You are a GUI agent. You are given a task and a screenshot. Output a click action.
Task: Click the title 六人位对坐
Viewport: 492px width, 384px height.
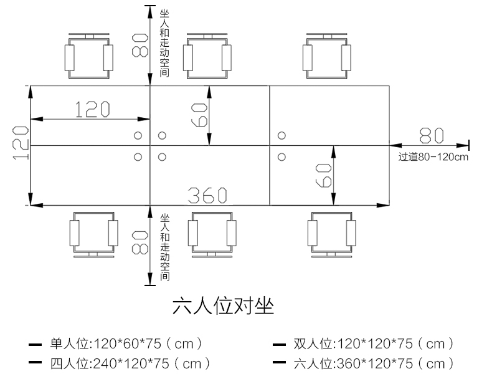pyautogui.click(x=224, y=307)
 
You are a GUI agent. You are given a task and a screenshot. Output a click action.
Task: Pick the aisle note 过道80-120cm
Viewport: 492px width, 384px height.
pyautogui.click(x=433, y=157)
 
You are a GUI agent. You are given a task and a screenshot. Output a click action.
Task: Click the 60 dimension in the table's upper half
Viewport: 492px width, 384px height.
pyautogui.click(x=199, y=115)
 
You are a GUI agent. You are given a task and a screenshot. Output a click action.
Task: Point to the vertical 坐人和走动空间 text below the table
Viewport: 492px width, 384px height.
pyautogui.click(x=164, y=247)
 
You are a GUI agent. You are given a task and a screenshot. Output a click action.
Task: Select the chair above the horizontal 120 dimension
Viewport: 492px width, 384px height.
pyautogui.click(x=91, y=57)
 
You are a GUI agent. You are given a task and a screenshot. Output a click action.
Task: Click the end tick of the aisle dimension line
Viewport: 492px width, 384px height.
pyautogui.click(x=468, y=145)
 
